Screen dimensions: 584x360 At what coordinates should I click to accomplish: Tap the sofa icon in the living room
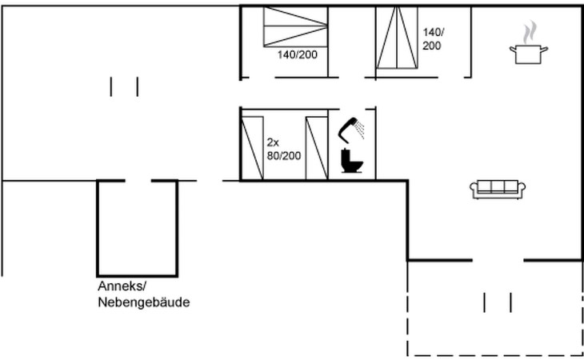[x=498, y=189]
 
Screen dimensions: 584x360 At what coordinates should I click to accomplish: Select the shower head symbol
[x=350, y=130]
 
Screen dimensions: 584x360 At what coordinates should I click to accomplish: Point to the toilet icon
[x=351, y=161]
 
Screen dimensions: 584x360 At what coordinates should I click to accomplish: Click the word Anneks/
[x=122, y=286]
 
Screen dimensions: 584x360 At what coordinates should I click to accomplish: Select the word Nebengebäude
[x=144, y=302]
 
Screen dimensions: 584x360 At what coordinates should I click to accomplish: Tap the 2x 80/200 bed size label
[x=284, y=150]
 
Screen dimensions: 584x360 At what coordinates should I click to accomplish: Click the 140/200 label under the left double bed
[x=298, y=54]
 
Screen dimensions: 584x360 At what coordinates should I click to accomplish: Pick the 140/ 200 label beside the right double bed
[x=432, y=38]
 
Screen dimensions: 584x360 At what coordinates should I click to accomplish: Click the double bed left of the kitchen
[x=397, y=38]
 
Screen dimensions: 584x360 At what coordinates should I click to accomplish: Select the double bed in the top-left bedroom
[x=295, y=26]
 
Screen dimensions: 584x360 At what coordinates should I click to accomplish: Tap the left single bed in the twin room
[x=253, y=148]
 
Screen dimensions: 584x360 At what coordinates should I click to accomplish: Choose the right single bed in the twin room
[x=317, y=148]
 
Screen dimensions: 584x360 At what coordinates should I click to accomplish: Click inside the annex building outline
[x=137, y=228]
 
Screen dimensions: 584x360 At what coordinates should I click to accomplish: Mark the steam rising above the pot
[x=530, y=32]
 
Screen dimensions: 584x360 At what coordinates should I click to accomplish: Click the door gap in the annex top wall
[x=138, y=181]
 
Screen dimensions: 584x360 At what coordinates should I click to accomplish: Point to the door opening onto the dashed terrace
[x=498, y=260]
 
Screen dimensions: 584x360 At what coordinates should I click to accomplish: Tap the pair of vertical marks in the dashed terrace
[x=498, y=302]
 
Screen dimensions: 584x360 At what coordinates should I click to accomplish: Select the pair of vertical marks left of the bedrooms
[x=124, y=86]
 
